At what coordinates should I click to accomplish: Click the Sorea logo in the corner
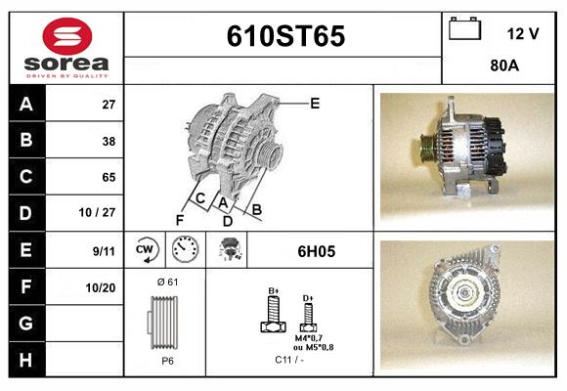(66, 49)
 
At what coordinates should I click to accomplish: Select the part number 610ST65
(284, 36)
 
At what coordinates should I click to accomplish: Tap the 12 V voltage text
(523, 33)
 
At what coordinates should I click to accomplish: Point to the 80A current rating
(503, 67)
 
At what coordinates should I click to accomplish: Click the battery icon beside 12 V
(463, 30)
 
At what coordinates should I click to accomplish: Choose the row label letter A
(26, 104)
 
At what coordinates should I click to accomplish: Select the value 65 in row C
(109, 177)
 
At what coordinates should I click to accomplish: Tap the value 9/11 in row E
(102, 250)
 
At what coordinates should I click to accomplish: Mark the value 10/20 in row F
(101, 287)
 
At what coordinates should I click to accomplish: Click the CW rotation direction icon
(147, 250)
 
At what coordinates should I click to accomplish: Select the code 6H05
(316, 251)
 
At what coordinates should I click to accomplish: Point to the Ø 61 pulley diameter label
(165, 282)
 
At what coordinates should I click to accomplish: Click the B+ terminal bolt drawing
(274, 315)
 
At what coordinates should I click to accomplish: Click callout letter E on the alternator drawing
(315, 103)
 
